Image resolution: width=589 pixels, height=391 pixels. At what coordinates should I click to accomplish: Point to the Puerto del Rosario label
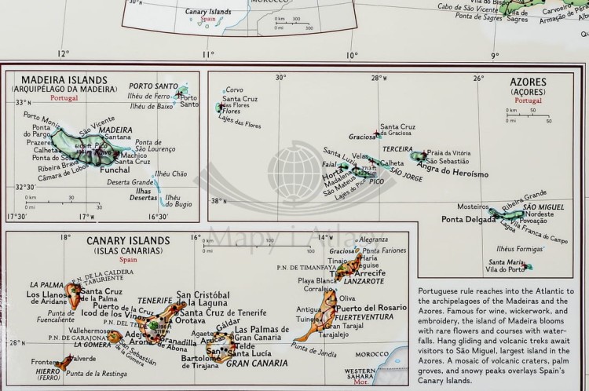click(x=374, y=307)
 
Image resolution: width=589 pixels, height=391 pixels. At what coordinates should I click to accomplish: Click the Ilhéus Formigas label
click(x=521, y=249)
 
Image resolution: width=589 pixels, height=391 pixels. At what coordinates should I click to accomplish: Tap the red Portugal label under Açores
click(x=528, y=100)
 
